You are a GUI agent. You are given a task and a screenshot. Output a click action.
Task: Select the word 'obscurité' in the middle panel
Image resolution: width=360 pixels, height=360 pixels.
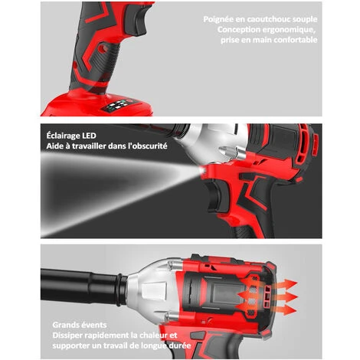(144, 145)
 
